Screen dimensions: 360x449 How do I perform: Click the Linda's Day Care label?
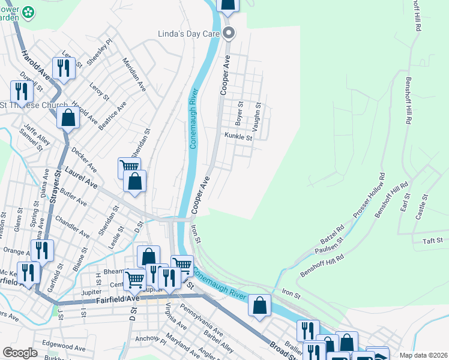click(188, 34)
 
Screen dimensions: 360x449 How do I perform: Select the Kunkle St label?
click(239, 137)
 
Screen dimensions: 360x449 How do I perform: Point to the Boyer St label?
click(239, 113)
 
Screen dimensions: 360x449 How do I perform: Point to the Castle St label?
click(423, 206)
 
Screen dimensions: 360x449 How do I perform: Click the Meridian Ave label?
click(134, 74)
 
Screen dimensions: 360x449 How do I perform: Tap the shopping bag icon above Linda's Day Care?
click(228, 5)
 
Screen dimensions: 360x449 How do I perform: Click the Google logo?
click(20, 353)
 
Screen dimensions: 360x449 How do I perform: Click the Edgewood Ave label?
click(64, 347)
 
